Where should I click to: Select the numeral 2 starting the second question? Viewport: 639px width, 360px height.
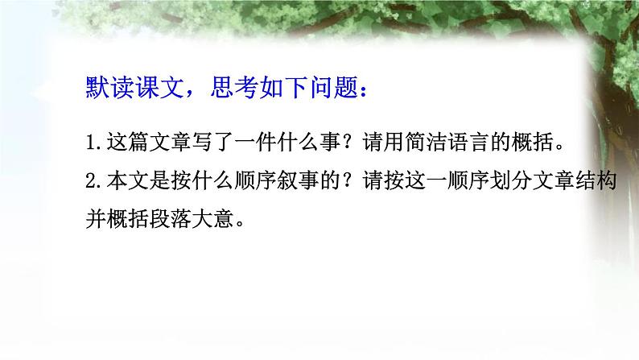pos(90,182)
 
